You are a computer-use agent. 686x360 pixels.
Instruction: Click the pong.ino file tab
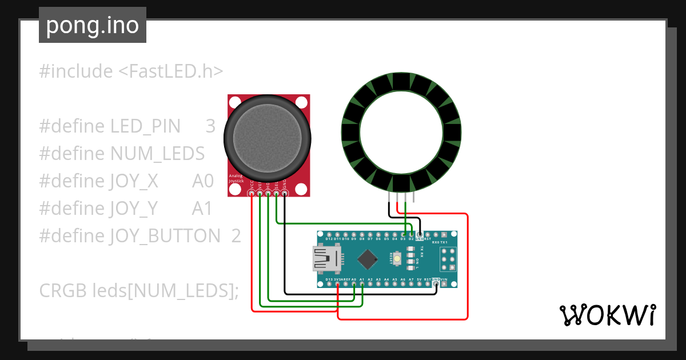click(x=92, y=25)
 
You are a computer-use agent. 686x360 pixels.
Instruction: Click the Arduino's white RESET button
click(x=396, y=259)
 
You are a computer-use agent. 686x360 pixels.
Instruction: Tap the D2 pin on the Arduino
click(x=411, y=234)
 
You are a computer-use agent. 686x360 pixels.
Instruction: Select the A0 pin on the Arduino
click(x=354, y=283)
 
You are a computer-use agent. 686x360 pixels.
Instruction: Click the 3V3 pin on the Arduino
click(x=338, y=283)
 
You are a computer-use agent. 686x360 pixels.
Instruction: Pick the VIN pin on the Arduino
click(x=444, y=283)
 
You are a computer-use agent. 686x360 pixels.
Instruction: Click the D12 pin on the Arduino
click(x=329, y=234)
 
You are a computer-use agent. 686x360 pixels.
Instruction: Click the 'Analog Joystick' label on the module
click(x=236, y=178)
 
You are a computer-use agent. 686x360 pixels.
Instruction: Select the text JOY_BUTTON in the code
click(x=165, y=235)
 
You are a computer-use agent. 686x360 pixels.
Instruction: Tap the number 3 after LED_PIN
click(x=210, y=126)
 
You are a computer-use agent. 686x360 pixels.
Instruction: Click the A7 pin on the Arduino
click(x=411, y=283)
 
